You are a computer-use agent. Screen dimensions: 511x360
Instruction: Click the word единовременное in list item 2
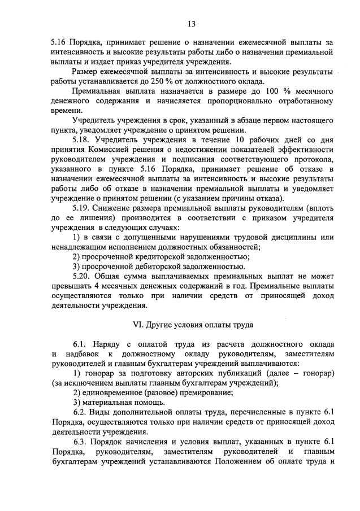[115, 392]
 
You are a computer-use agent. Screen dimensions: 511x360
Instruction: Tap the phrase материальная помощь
[119, 402]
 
